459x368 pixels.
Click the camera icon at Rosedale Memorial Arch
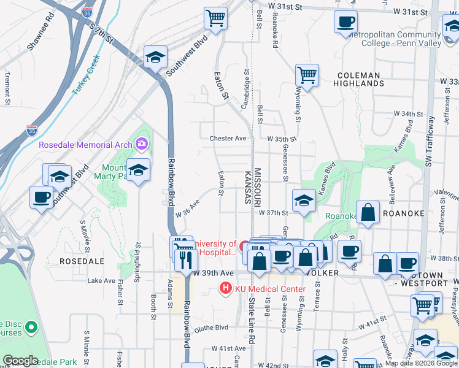tap(142, 145)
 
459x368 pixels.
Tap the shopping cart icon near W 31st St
tap(215, 18)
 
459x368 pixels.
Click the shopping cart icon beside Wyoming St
tap(307, 75)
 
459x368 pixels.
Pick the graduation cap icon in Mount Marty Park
tap(139, 169)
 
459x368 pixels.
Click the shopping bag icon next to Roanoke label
tap(368, 212)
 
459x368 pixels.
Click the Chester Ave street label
tap(228, 139)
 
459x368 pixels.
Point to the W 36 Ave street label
tap(188, 209)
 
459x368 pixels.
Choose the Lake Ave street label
tap(101, 280)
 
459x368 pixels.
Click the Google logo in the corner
tap(21, 361)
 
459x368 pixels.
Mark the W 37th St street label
tap(273, 213)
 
